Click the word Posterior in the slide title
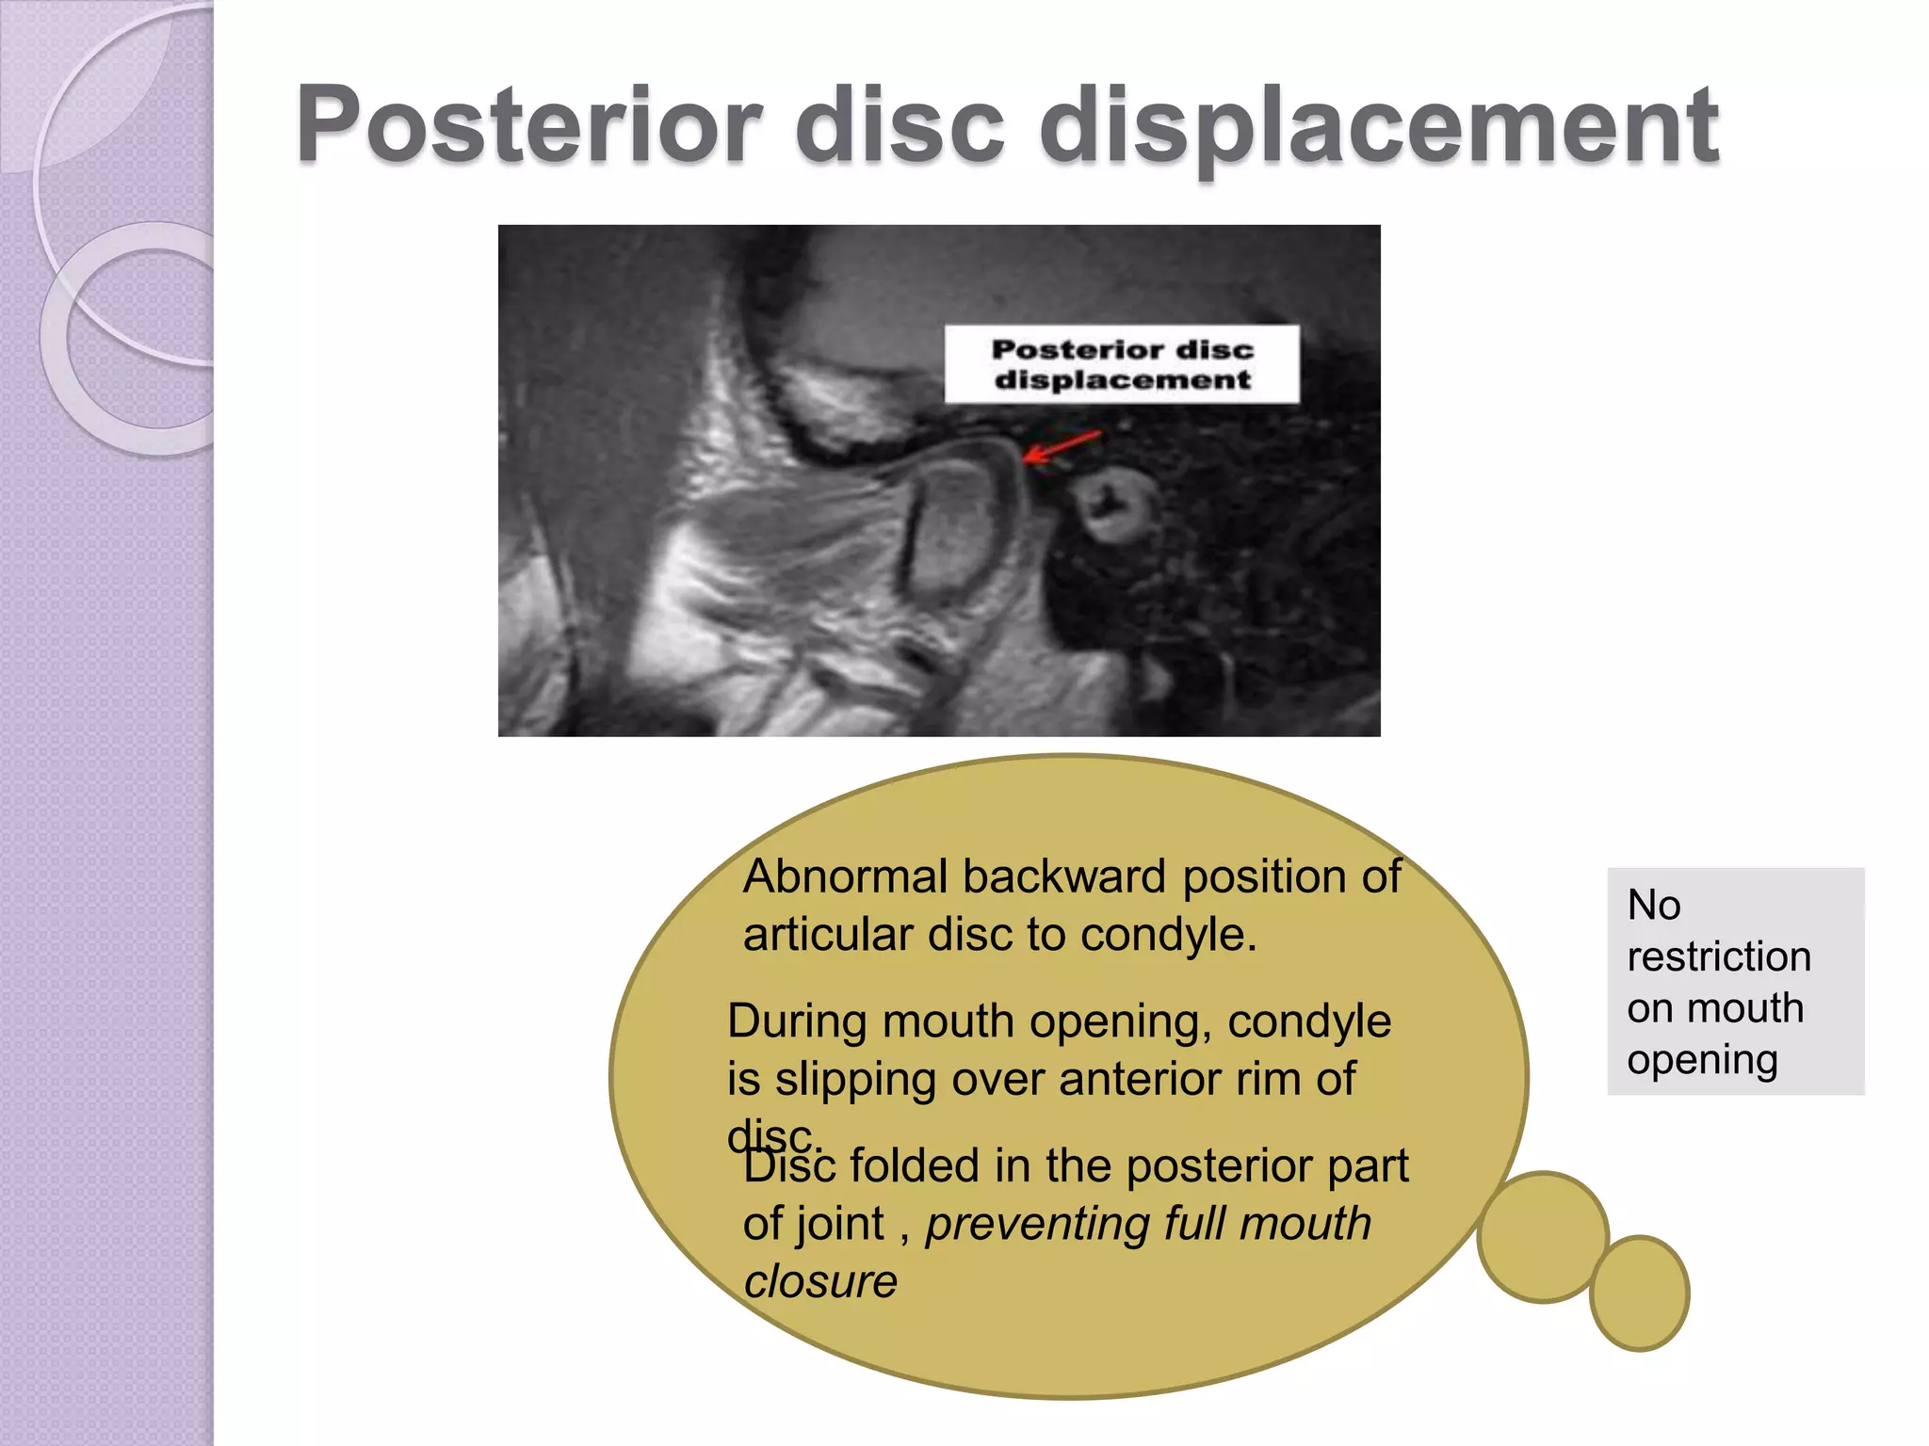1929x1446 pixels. (x=529, y=125)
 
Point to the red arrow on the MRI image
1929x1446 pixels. (x=1061, y=446)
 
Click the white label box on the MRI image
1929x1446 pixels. (x=1122, y=364)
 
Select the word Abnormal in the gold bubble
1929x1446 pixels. (x=845, y=877)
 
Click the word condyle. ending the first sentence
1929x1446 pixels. (x=1168, y=936)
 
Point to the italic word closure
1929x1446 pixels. (x=819, y=1281)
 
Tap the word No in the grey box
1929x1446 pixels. (x=1653, y=905)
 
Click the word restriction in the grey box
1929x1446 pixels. (x=1718, y=956)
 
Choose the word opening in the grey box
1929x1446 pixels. (x=1702, y=1061)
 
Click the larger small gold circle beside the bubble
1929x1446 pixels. (x=1542, y=1237)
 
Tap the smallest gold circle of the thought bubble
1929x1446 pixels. (x=1639, y=1293)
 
